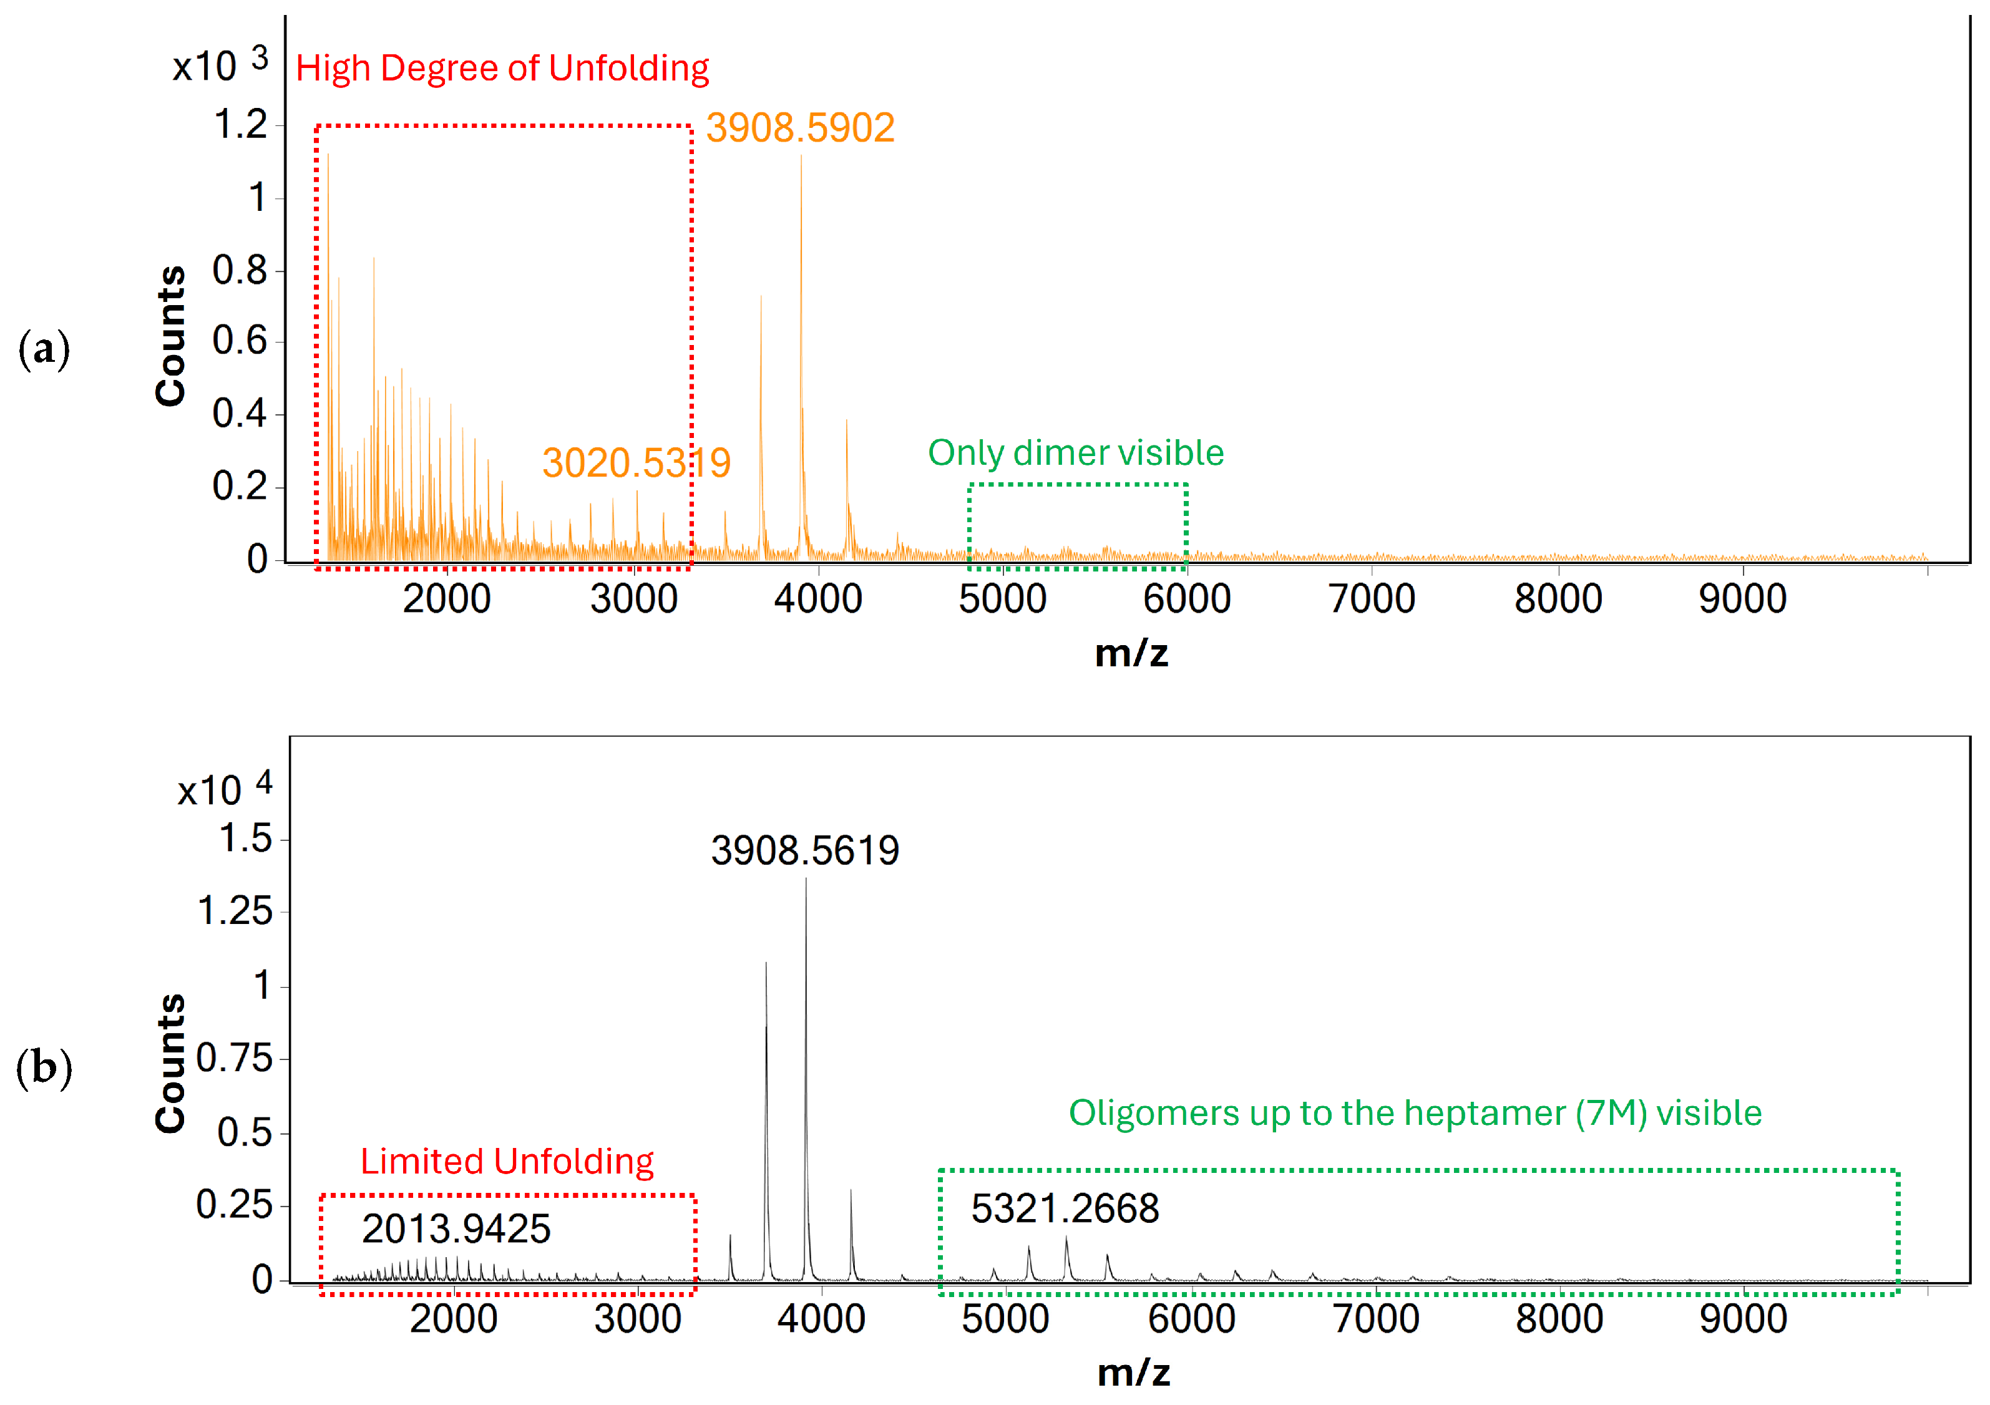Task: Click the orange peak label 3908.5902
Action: [799, 129]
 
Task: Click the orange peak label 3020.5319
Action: [636, 463]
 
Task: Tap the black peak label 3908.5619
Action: [804, 850]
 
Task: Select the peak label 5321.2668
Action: [1065, 1209]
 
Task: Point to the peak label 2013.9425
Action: [456, 1229]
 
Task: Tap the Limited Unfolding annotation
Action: [507, 1162]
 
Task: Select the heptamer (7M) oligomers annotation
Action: [1415, 1113]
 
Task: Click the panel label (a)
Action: [43, 349]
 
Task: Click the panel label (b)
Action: [43, 1068]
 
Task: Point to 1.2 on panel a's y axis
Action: [240, 125]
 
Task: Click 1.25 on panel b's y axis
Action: [234, 912]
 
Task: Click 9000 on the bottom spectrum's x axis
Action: [1742, 1319]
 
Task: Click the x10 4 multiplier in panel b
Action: [225, 789]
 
